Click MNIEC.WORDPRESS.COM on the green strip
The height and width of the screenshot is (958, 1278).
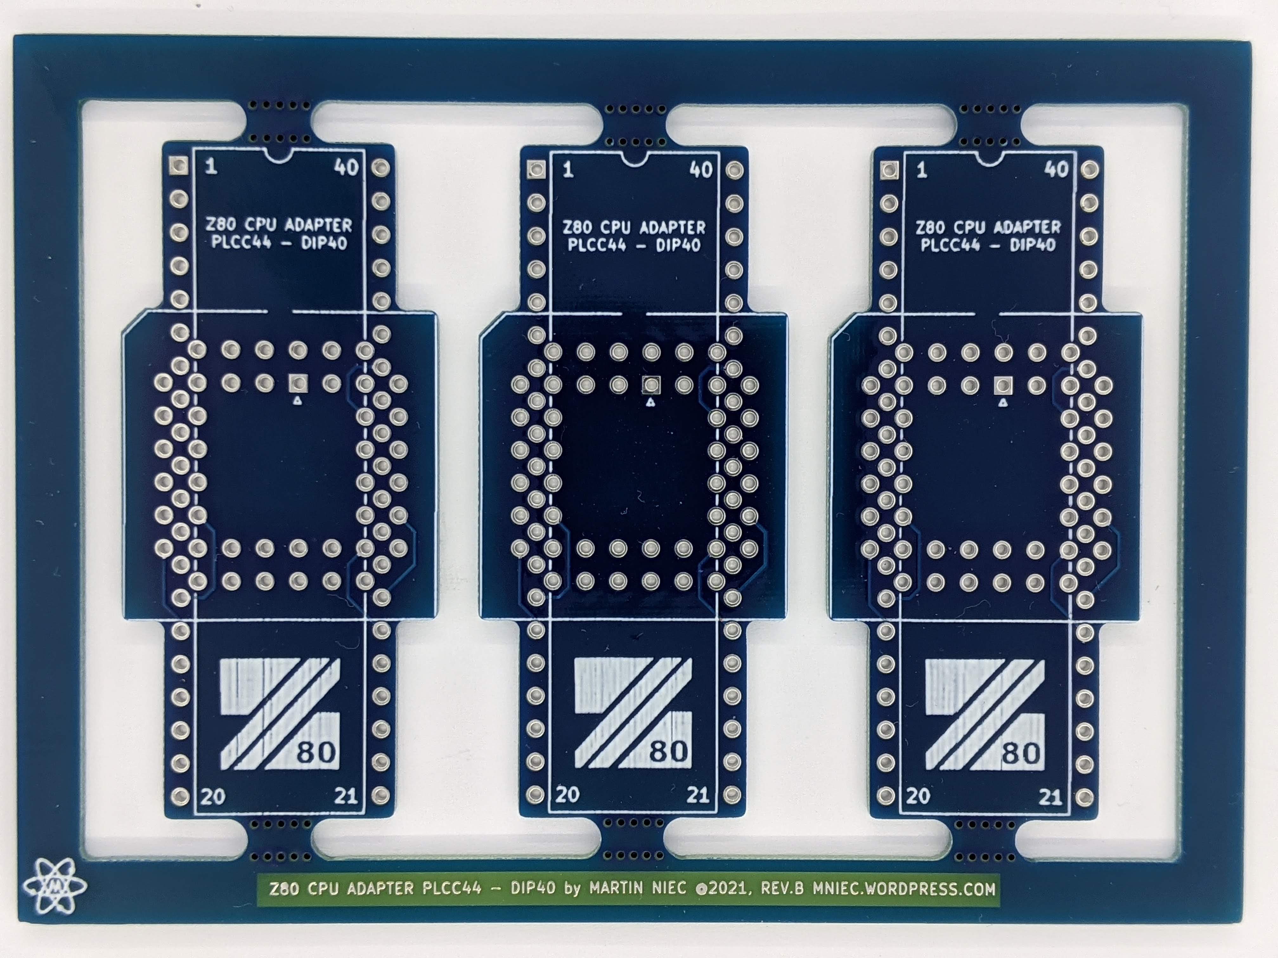pos(904,888)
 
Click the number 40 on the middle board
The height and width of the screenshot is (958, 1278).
pos(701,170)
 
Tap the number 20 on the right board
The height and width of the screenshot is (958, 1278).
pos(918,796)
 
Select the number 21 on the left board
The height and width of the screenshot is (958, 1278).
pos(345,796)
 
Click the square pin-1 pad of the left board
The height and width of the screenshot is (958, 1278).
pos(178,166)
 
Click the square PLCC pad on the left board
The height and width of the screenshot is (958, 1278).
pos(298,382)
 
